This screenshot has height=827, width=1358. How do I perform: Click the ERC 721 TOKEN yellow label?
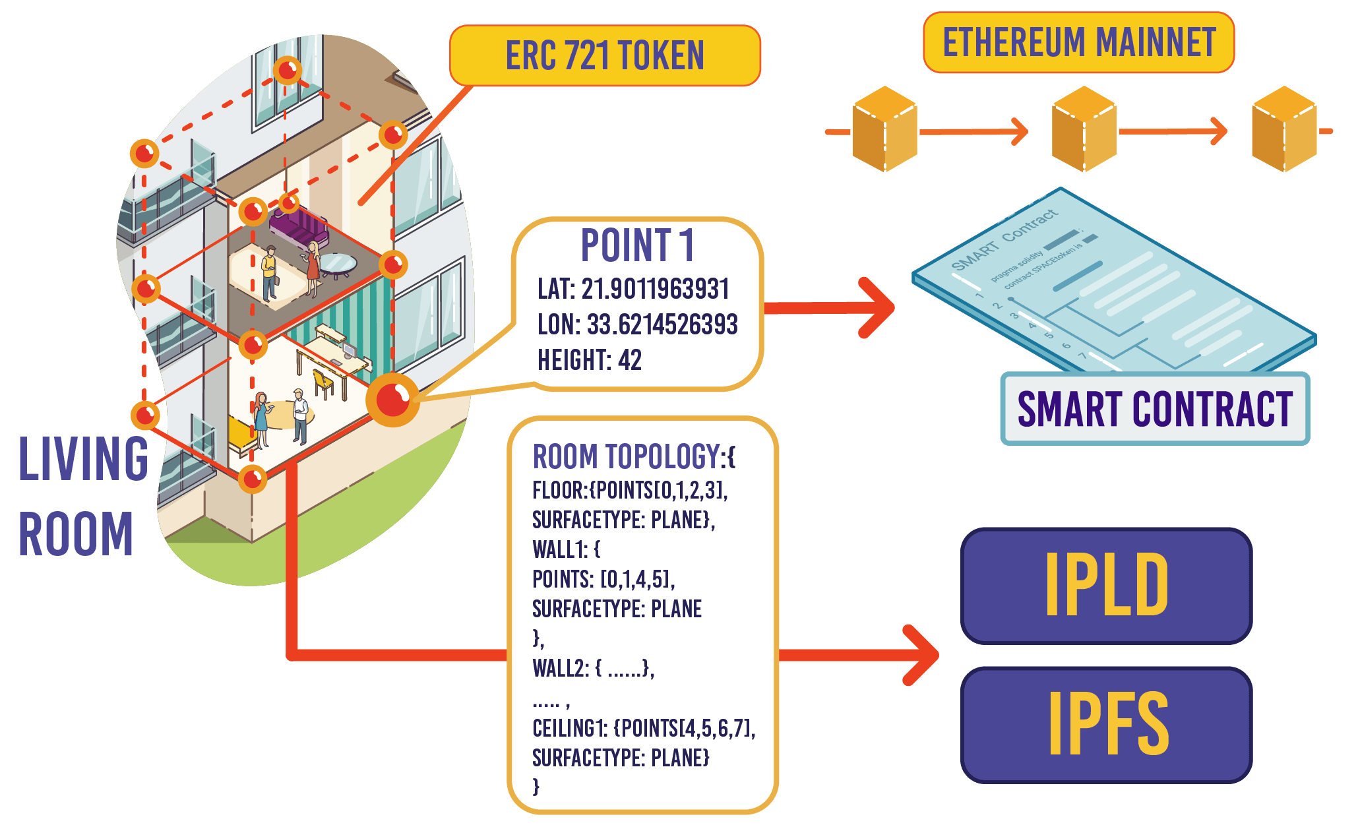click(x=605, y=55)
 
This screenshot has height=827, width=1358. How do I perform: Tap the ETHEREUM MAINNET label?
click(x=1078, y=42)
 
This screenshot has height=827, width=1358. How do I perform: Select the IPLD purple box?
click(x=1106, y=585)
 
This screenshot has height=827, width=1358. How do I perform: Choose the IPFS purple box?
click(x=1106, y=724)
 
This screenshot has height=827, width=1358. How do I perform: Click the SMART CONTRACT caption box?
click(x=1154, y=409)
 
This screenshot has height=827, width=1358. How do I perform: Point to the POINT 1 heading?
click(x=637, y=245)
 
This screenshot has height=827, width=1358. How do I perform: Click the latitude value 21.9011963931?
click(x=656, y=290)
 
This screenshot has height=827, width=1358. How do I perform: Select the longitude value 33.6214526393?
click(x=662, y=324)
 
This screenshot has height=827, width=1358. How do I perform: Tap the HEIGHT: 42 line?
click(x=589, y=360)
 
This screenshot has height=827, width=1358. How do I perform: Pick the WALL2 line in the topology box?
click(x=593, y=668)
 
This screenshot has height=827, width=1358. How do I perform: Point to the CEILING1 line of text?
click(x=643, y=728)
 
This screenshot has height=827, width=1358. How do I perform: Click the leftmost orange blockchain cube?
click(x=884, y=130)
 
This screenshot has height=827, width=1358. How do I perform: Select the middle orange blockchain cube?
click(x=1084, y=130)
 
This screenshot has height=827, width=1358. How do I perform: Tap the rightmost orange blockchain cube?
click(x=1284, y=130)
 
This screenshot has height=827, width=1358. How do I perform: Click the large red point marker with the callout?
click(x=393, y=400)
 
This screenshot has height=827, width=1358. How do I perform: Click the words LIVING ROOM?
click(x=82, y=495)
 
